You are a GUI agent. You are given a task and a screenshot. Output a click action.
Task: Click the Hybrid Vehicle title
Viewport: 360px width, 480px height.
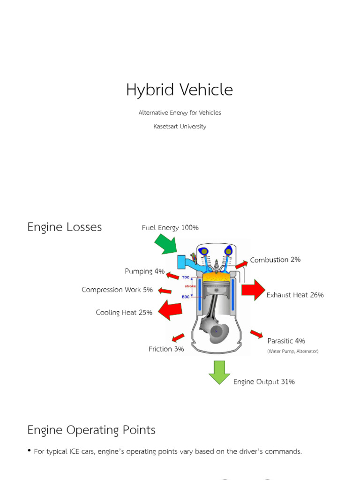(179, 90)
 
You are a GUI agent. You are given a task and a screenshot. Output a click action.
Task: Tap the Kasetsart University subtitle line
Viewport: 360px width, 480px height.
(180, 127)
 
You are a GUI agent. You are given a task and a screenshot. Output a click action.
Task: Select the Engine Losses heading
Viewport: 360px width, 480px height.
(65, 227)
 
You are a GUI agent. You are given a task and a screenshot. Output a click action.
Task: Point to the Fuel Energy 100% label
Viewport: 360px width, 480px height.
(170, 228)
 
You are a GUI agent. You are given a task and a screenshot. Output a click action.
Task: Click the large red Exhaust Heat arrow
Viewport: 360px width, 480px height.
(254, 290)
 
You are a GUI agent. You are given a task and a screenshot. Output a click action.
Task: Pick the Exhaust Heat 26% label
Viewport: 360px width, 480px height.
(295, 295)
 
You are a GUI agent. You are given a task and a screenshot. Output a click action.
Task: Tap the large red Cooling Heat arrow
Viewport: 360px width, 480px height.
(170, 310)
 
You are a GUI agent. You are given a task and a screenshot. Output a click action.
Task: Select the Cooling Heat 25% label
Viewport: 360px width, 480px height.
(124, 313)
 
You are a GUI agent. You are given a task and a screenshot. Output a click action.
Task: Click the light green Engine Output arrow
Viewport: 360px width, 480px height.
(219, 372)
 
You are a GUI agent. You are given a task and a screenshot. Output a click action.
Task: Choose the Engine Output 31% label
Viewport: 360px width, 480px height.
(264, 382)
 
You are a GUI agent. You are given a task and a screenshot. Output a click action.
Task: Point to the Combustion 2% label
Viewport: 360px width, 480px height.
(275, 260)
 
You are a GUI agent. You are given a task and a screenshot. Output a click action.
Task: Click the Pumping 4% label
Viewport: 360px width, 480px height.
(145, 271)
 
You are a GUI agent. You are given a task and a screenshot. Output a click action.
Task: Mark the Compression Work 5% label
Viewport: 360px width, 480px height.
(117, 290)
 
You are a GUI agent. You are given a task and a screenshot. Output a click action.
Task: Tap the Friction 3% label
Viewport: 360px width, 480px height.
(166, 349)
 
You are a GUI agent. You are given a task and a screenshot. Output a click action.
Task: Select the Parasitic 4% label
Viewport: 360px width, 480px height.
(286, 341)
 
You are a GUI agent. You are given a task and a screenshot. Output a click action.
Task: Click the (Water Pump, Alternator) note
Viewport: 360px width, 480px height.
(292, 351)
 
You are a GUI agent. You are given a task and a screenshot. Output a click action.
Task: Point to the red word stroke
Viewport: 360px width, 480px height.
(190, 286)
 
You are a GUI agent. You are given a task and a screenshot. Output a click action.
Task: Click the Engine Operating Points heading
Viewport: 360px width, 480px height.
(91, 430)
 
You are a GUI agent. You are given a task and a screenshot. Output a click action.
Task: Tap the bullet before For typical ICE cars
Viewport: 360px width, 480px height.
(30, 451)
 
